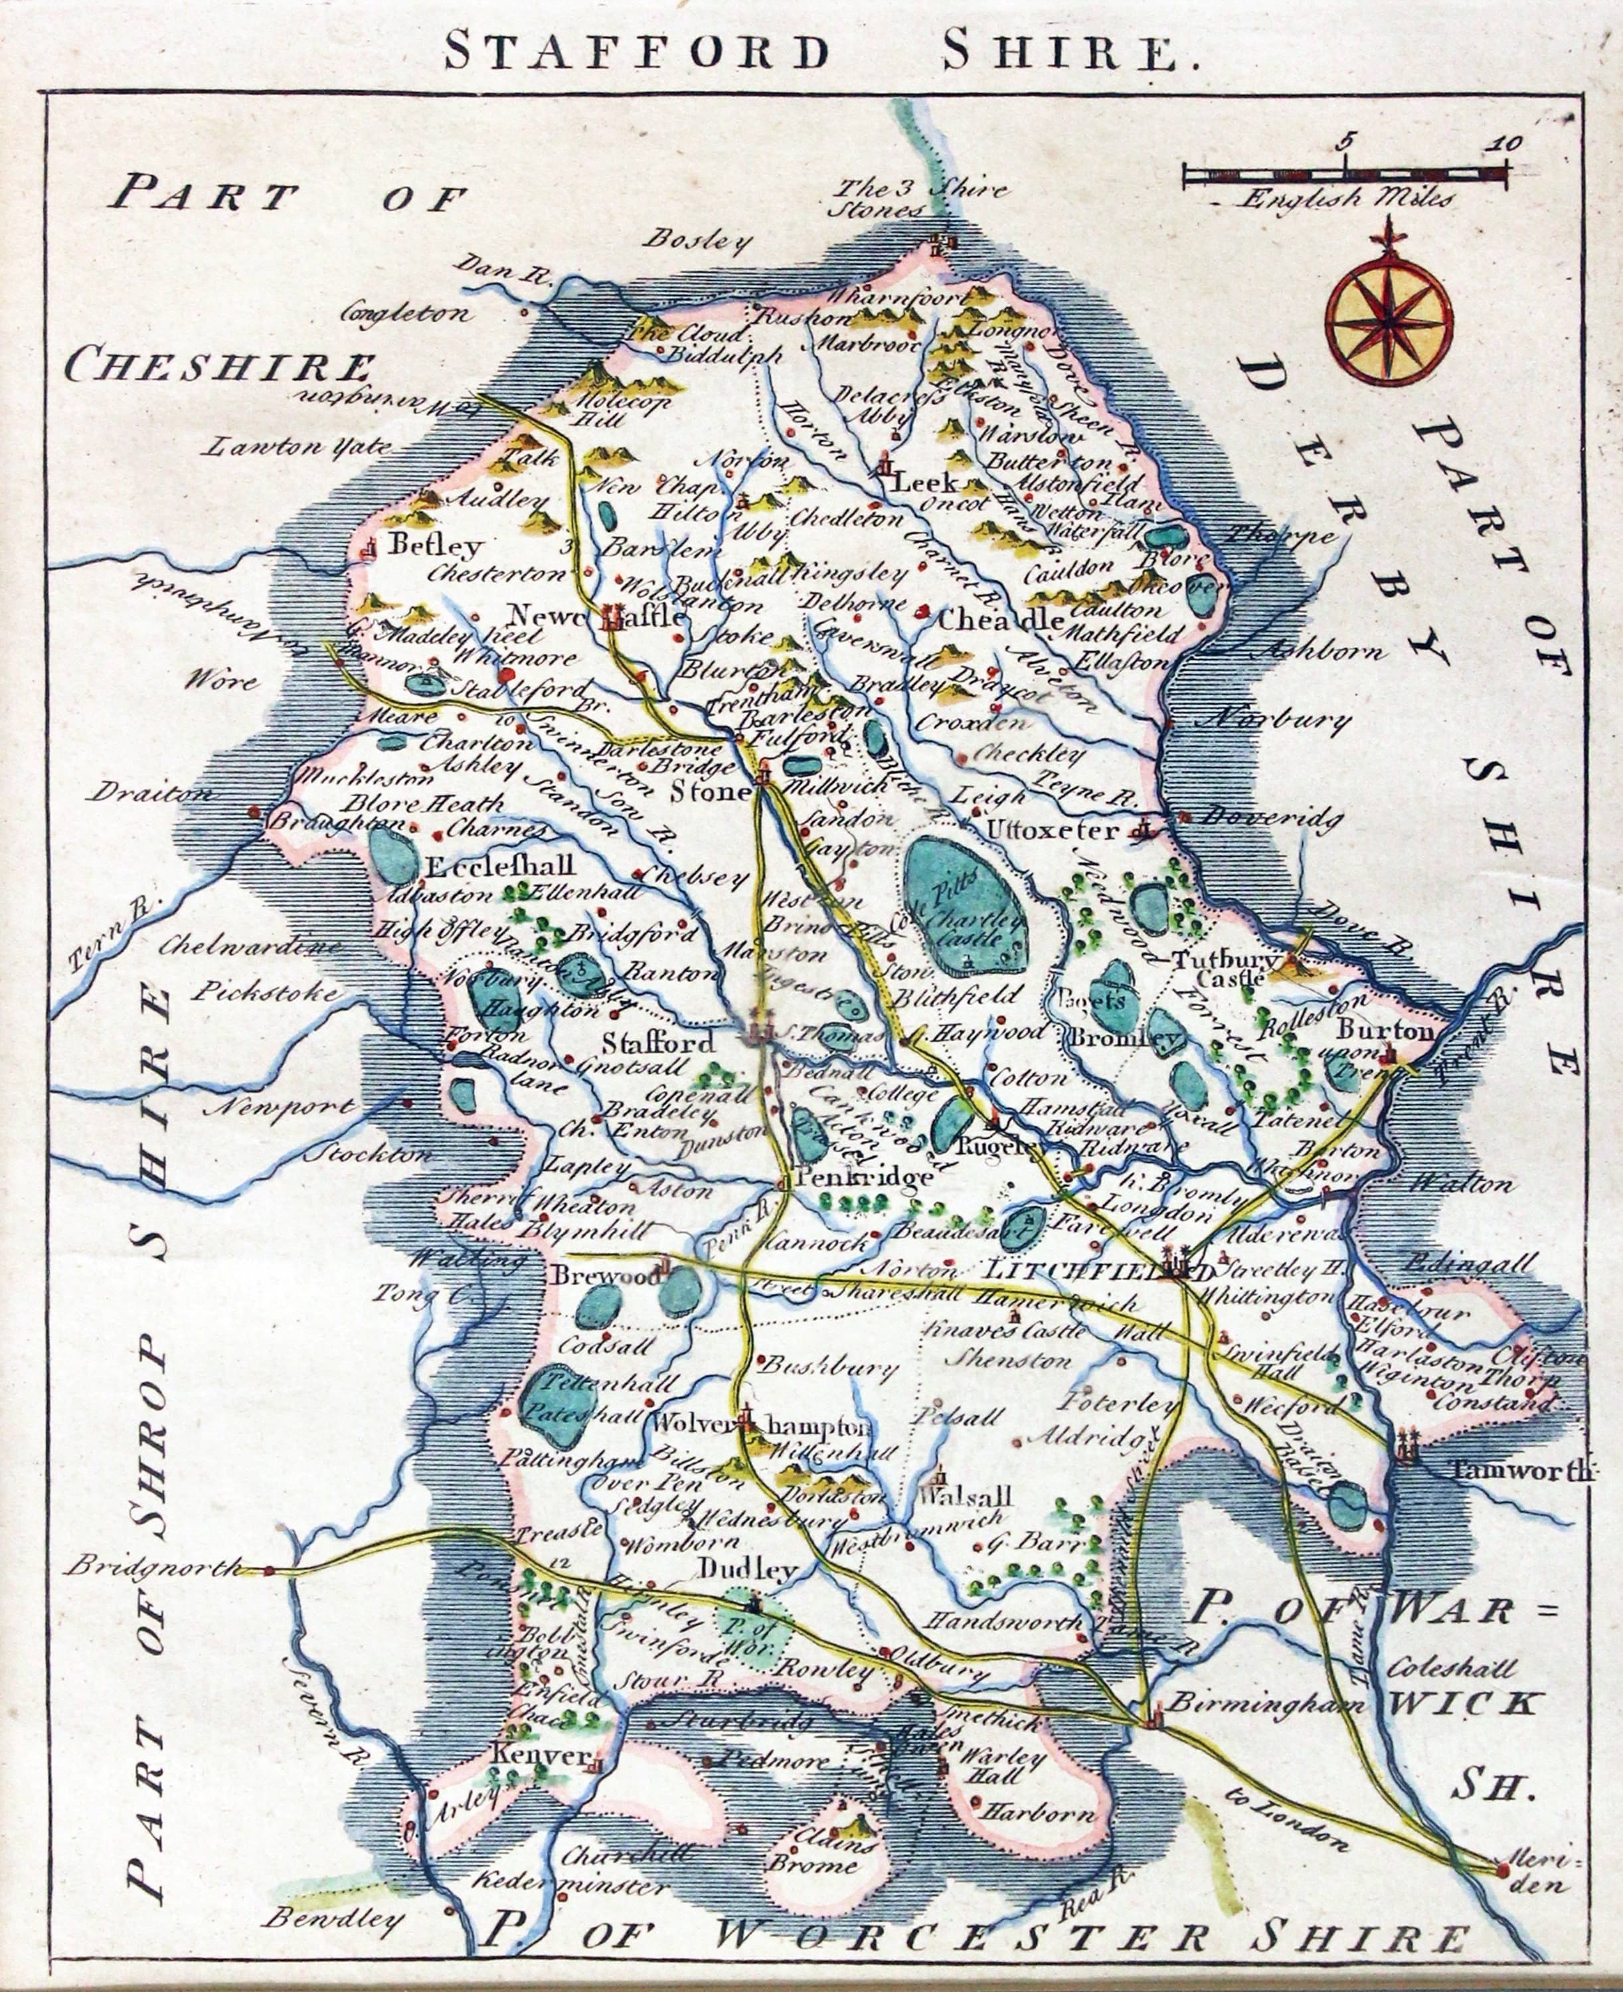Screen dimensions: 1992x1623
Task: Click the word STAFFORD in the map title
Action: (x=636, y=51)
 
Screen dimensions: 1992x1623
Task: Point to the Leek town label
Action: (x=926, y=482)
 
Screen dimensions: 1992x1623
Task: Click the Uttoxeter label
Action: (x=1053, y=830)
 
